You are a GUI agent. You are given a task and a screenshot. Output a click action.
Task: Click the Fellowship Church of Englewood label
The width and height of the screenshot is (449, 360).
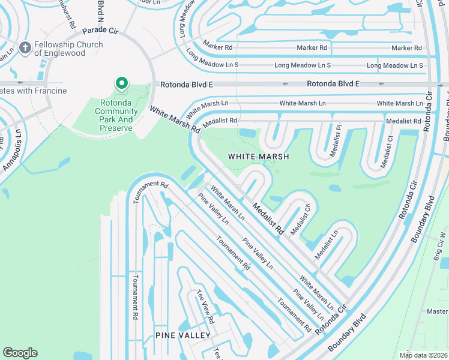68,49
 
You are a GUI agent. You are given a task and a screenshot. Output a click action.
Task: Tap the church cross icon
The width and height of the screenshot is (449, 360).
25,47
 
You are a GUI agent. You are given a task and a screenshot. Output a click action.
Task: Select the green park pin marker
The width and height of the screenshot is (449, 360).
122,84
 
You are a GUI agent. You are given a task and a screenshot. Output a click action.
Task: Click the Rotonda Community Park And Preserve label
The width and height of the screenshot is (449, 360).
116,111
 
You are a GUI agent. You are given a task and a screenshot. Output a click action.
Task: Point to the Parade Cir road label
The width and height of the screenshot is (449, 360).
100,30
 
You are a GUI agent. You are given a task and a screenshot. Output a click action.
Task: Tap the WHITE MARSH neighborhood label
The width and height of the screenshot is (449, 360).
259,157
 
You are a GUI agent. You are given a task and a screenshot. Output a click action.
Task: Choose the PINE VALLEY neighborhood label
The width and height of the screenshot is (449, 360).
183,335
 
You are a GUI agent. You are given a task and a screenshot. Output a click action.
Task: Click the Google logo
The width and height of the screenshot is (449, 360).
20,353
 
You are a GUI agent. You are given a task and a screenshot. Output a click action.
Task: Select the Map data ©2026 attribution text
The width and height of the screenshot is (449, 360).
423,355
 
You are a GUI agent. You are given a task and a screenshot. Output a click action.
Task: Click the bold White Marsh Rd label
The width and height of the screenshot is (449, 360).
175,119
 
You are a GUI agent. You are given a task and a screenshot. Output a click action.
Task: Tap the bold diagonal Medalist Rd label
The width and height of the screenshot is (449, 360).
268,216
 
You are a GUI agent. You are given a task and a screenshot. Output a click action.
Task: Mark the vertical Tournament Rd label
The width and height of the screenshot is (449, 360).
136,296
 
